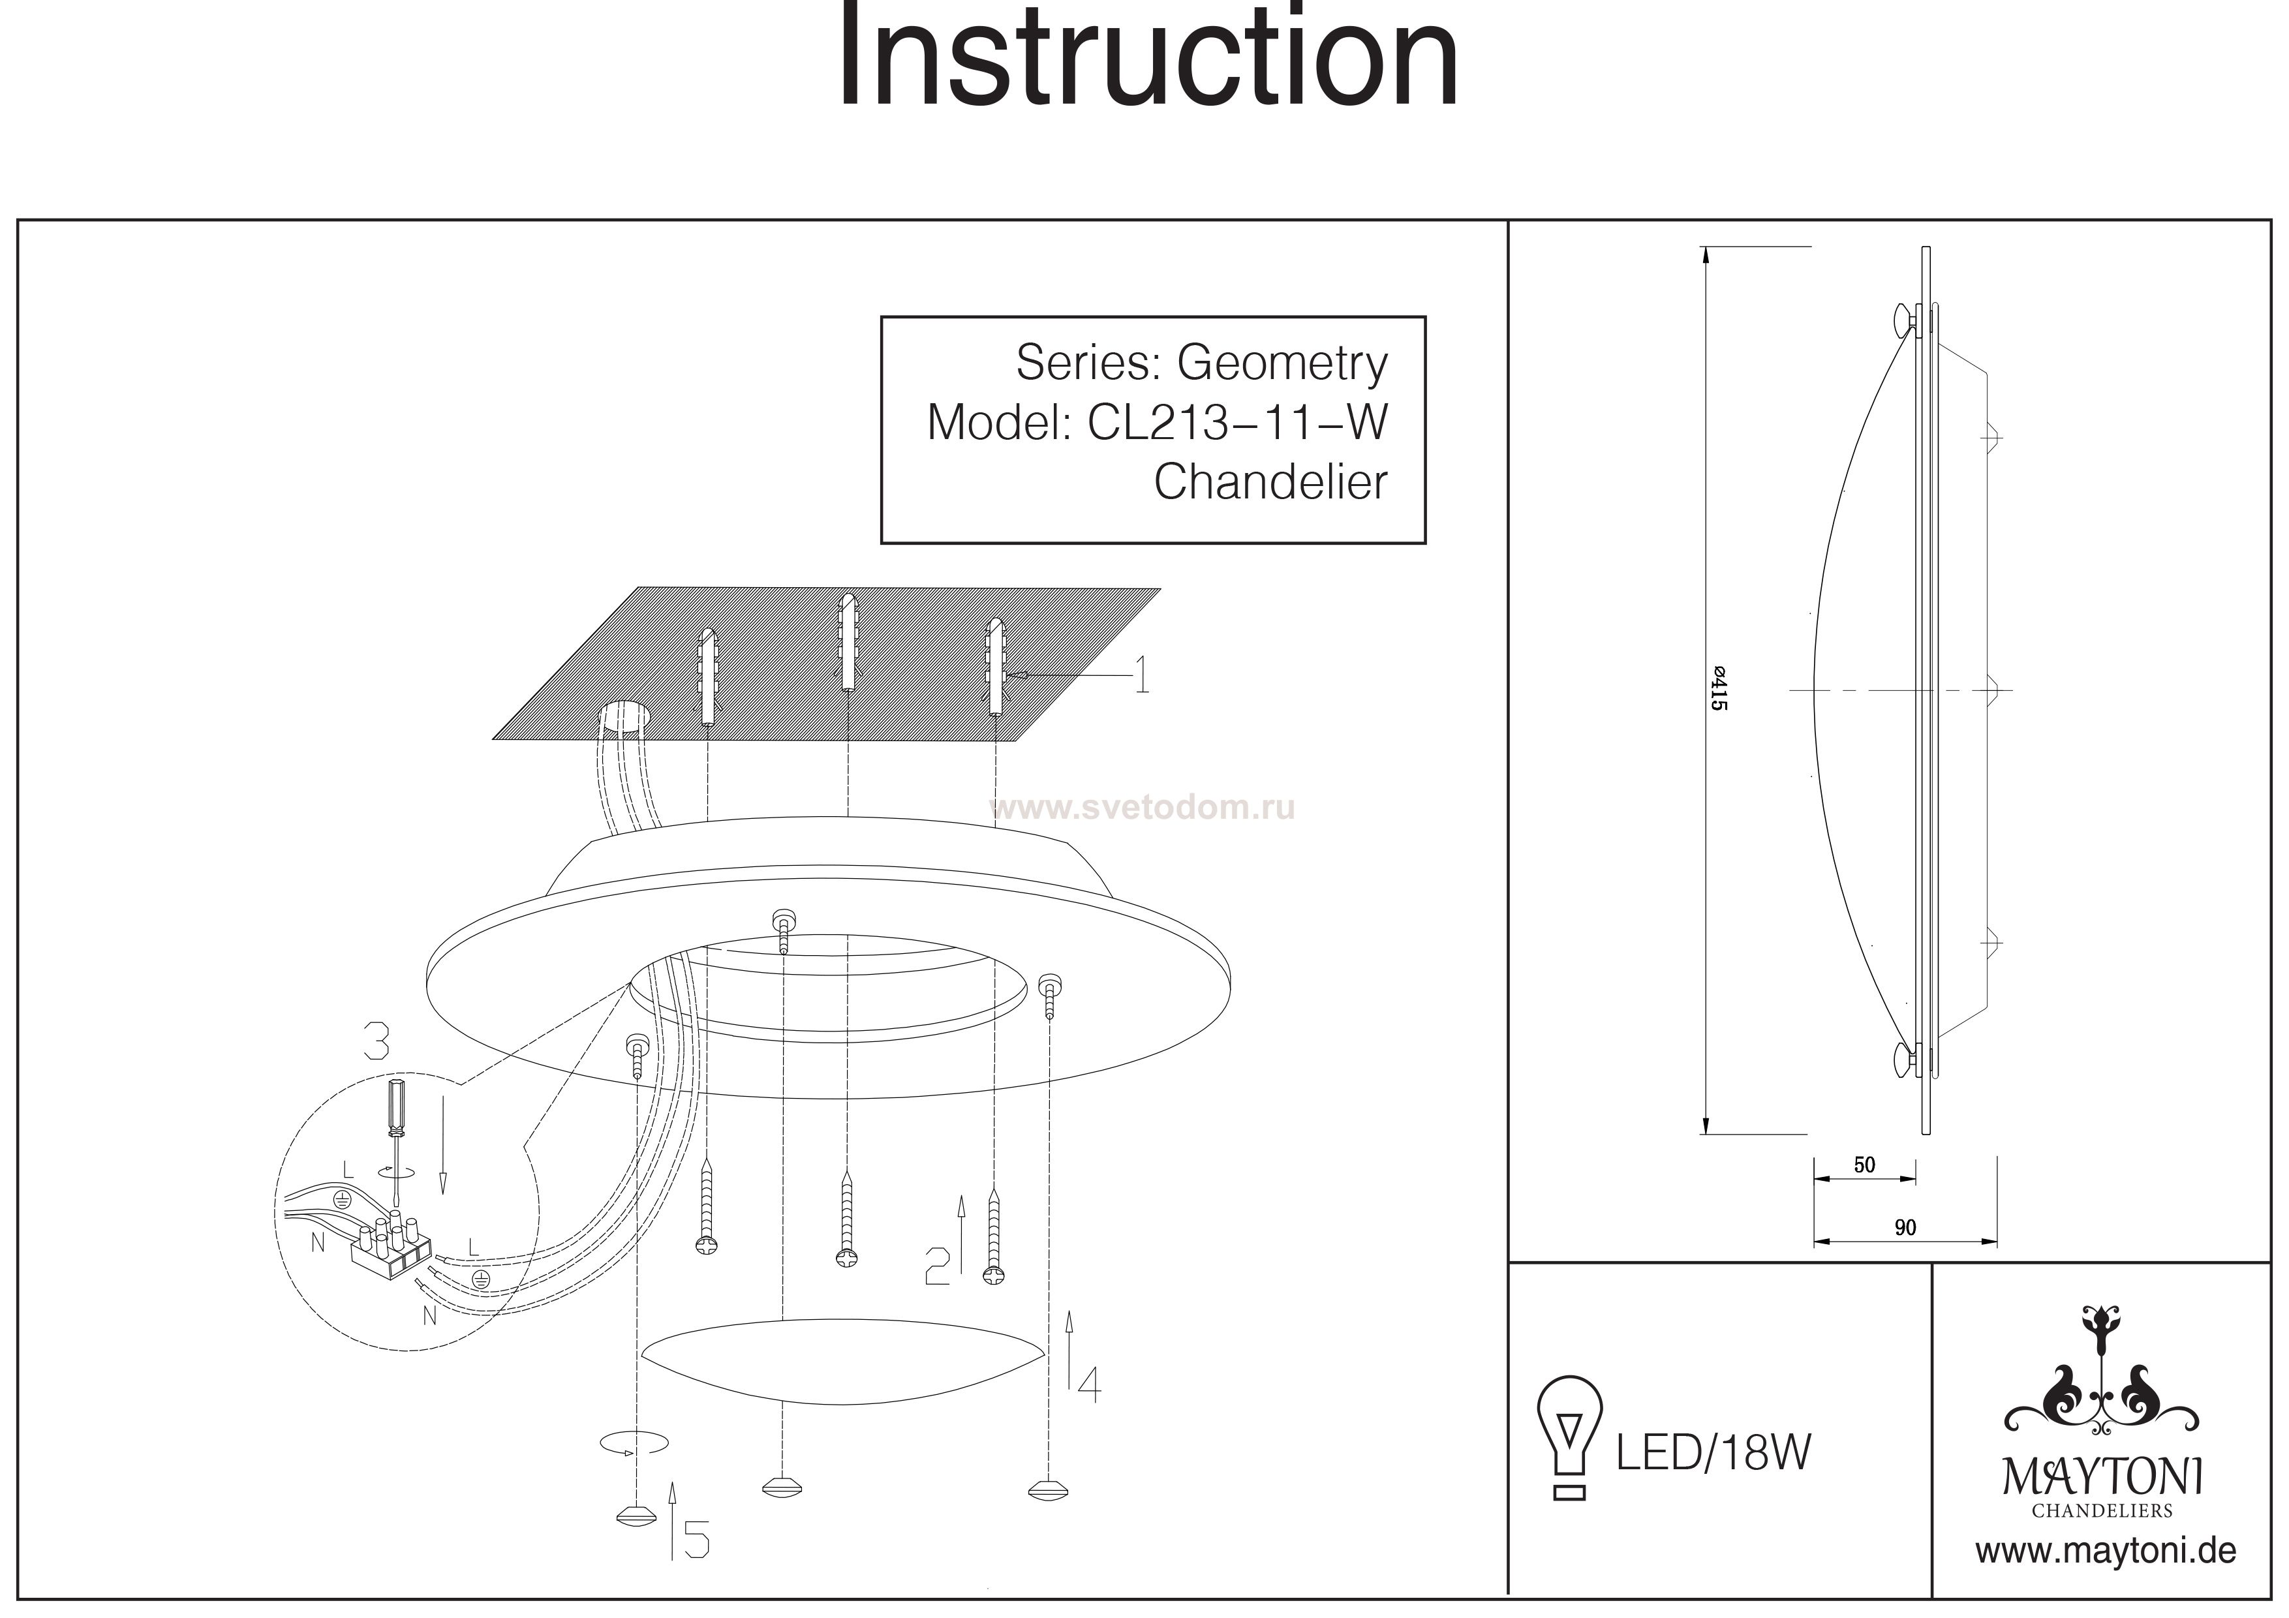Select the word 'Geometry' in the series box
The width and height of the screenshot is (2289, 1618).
click(1282, 364)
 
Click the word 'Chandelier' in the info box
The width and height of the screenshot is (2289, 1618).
click(1271, 483)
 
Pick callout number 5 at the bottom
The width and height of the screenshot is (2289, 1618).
click(695, 1541)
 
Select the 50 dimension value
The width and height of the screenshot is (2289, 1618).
click(1864, 1165)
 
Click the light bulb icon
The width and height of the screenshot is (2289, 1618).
click(1569, 1437)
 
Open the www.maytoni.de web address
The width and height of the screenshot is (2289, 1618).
click(2106, 1551)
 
